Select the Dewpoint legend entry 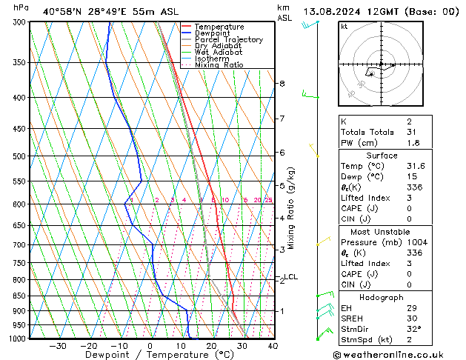coord(213,33)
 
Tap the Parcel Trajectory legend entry coord(228,40)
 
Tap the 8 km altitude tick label coord(282,84)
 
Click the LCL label coord(290,277)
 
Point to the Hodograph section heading coord(382,297)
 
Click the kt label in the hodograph coord(344,26)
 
